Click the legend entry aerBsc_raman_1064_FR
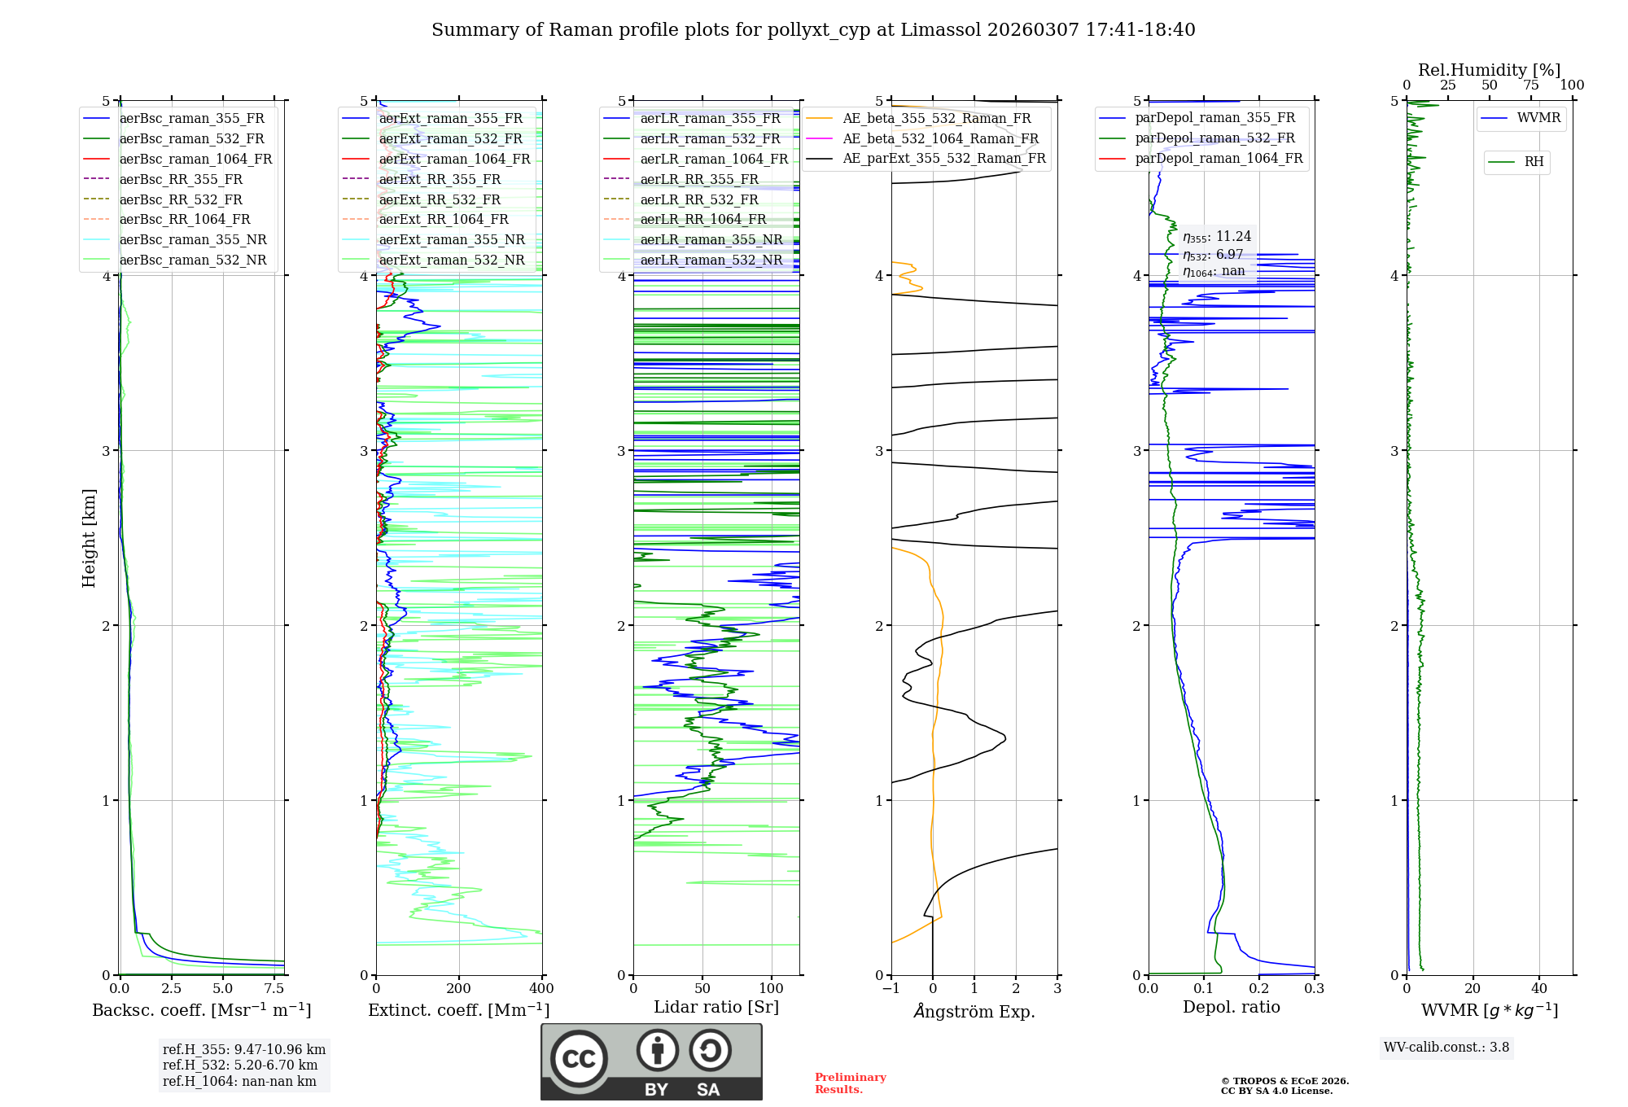[x=195, y=159]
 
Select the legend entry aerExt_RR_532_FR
[x=440, y=199]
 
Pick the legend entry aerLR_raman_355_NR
[x=711, y=239]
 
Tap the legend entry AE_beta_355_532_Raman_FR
[x=936, y=118]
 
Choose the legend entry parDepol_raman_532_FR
[x=1214, y=138]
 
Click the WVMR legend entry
[x=1538, y=118]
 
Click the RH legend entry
[x=1534, y=162]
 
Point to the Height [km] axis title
[x=89, y=537]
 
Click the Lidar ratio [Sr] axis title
[x=716, y=1007]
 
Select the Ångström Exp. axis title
[x=974, y=1012]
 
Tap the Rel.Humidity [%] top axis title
[x=1489, y=70]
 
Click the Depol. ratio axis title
[x=1231, y=1007]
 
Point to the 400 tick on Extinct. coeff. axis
[x=542, y=989]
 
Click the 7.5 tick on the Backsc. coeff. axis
[x=274, y=989]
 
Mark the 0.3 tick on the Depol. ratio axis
[x=1314, y=989]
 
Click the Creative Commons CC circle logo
[x=579, y=1059]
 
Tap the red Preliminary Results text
[x=850, y=1083]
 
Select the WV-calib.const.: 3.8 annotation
[x=1446, y=1048]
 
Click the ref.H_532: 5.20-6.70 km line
[x=240, y=1065]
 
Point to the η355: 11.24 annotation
[x=1217, y=237]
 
